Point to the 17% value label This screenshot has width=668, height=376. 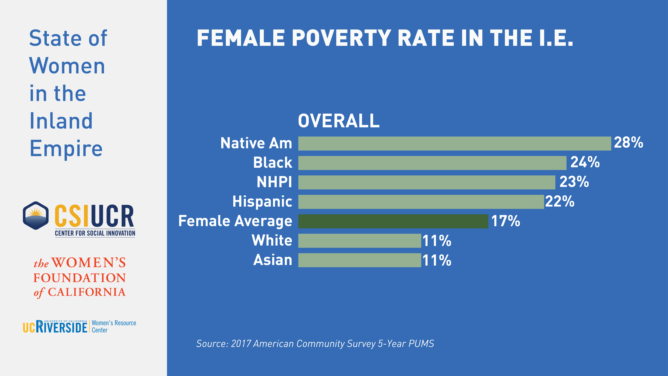click(505, 221)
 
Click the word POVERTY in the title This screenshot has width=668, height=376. click(342, 38)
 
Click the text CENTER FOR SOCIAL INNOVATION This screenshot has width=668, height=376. click(95, 233)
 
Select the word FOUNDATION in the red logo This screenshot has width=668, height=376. click(80, 278)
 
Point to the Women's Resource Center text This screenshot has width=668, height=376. click(114, 326)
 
